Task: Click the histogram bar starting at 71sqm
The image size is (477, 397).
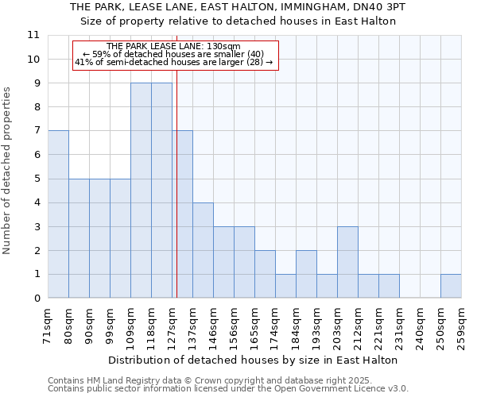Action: pos(58,214)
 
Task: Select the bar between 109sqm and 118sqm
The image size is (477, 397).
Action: pos(141,191)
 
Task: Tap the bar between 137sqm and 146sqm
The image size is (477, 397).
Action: pos(203,250)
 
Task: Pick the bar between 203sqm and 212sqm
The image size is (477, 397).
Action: pos(347,262)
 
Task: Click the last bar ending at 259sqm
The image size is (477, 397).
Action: pos(451,286)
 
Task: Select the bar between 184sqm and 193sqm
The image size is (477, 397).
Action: pos(306,274)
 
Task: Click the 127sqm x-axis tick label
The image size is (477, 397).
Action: pos(172,324)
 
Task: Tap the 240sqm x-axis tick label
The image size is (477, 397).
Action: pos(420,324)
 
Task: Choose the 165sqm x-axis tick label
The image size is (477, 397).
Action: pos(254,324)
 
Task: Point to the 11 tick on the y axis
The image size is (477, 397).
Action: pos(33,36)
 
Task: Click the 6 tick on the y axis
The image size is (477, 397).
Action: pos(36,155)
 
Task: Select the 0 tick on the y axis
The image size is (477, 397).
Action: pos(36,299)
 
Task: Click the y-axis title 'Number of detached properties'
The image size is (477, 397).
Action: pos(8,171)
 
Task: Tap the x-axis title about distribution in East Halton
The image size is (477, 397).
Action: pos(253,360)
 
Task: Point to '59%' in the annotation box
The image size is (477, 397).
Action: pos(104,54)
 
